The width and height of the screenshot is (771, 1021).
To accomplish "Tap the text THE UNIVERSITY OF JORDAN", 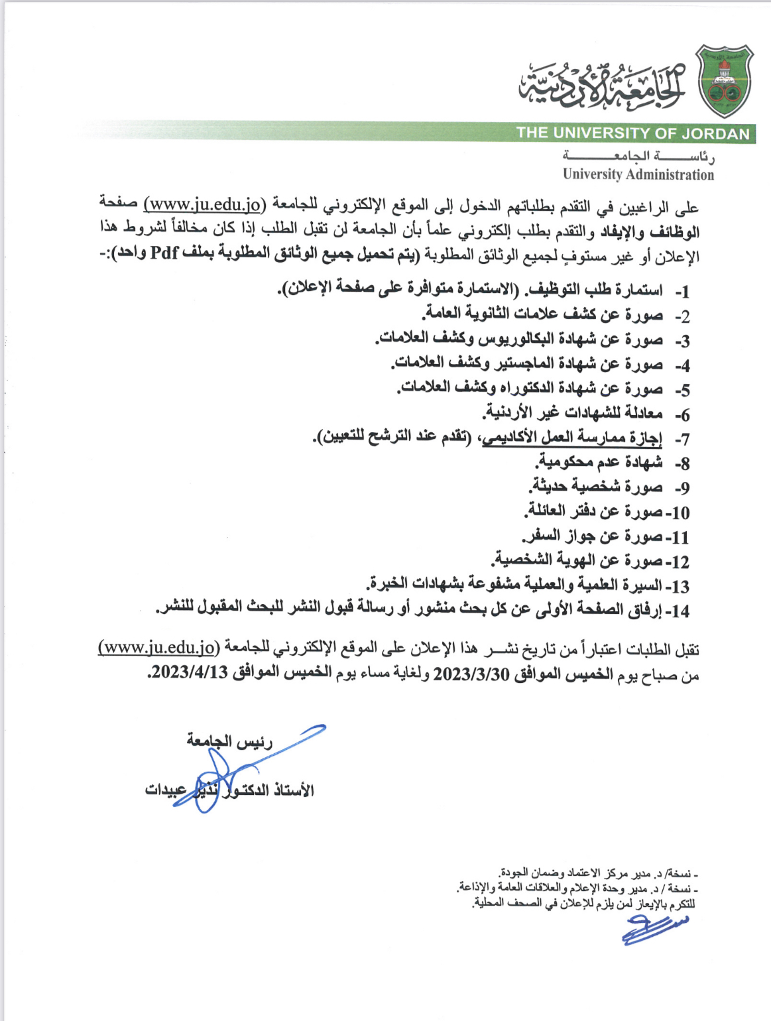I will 632,133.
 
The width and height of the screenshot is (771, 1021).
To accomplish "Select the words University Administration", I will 638,175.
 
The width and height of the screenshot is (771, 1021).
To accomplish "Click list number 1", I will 682,292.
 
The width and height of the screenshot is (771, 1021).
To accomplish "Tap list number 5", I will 682,390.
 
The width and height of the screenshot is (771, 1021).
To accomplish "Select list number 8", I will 682,464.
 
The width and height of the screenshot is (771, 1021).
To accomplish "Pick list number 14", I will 680,611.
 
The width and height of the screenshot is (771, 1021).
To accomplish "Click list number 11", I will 680,538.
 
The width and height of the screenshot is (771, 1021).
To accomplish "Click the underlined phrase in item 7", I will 571,438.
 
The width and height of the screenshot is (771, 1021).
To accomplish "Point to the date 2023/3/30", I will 471,674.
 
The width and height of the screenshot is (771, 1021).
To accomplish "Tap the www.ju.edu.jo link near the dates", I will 158,647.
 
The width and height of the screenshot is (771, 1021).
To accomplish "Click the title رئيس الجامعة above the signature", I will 229,741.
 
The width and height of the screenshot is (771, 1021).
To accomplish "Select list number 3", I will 682,341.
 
